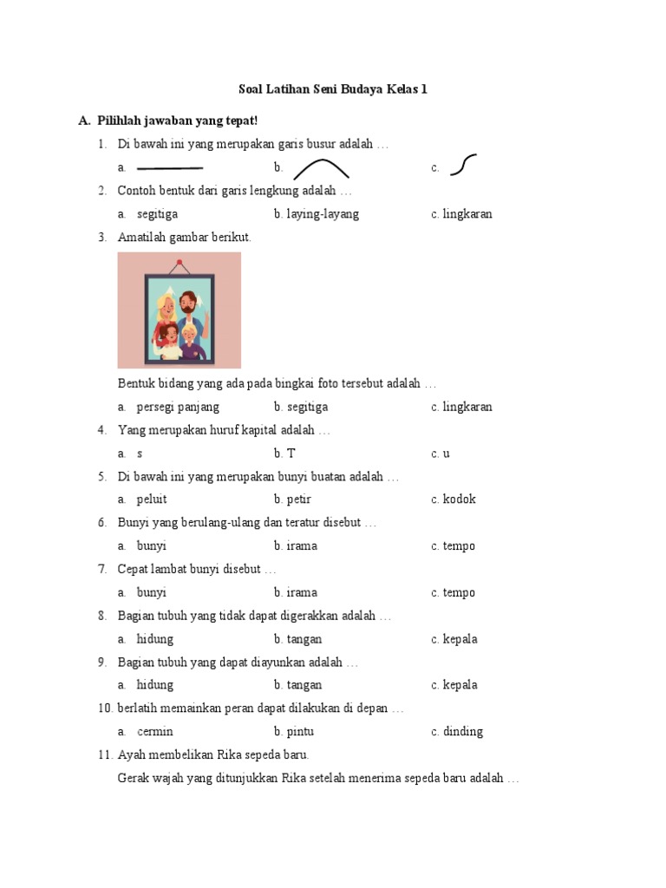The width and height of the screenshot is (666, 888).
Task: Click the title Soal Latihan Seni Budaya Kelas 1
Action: tap(333, 89)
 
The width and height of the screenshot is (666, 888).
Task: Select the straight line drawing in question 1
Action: tap(170, 167)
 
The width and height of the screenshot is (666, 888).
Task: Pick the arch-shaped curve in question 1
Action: tap(321, 167)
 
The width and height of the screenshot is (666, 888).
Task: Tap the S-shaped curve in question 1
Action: tap(464, 165)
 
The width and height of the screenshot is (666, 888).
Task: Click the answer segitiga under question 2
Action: tap(157, 214)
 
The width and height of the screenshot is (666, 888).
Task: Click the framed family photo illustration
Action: tap(180, 311)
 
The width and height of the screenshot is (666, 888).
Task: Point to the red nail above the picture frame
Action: tap(180, 262)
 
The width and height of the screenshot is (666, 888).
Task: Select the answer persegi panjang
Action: tap(178, 407)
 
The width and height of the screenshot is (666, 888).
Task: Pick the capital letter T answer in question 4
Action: tap(291, 454)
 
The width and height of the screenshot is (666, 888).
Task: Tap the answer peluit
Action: tap(152, 499)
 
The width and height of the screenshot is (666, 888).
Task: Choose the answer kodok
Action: tap(459, 499)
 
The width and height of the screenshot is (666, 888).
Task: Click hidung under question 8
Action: tap(155, 639)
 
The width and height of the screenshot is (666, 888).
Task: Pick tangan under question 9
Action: tap(304, 685)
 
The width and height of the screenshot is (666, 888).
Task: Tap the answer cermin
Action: tap(155, 732)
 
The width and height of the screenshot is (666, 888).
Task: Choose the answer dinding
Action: tap(462, 732)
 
